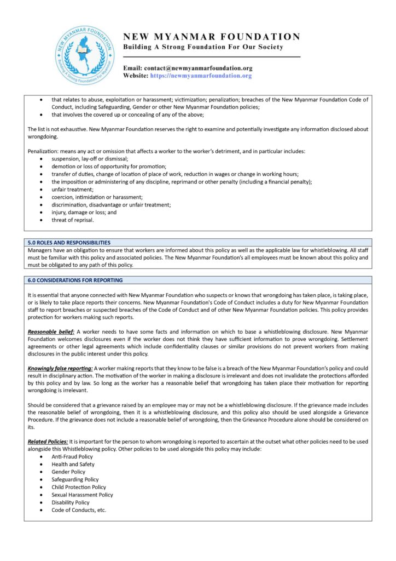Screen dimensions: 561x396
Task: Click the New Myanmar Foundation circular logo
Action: coord(85,55)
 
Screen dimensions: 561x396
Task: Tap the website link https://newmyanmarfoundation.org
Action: coord(201,76)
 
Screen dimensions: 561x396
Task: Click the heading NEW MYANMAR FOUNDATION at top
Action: coord(212,37)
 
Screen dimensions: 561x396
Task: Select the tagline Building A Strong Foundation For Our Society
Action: coord(203,47)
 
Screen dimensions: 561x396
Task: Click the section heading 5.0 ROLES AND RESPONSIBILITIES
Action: coord(69,242)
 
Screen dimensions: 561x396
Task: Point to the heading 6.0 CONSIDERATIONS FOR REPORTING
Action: coord(75,280)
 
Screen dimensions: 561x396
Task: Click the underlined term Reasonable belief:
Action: coord(51,332)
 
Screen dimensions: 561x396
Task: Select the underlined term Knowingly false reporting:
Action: coord(60,368)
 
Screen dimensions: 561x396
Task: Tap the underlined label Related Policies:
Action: coord(48,442)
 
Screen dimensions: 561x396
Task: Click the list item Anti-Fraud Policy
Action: coord(72,456)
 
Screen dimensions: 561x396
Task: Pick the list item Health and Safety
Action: coord(73,464)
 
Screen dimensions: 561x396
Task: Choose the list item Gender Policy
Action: coord(68,472)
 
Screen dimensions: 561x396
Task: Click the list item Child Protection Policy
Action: coord(79,487)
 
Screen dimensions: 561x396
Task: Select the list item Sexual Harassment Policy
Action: coord(82,495)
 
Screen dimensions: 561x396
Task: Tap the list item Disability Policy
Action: coord(71,502)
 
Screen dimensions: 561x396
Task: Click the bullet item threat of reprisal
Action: coord(73,220)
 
